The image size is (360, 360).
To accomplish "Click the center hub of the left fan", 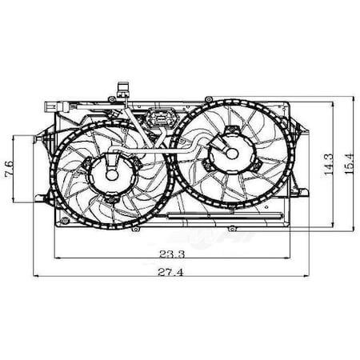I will (108, 171).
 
